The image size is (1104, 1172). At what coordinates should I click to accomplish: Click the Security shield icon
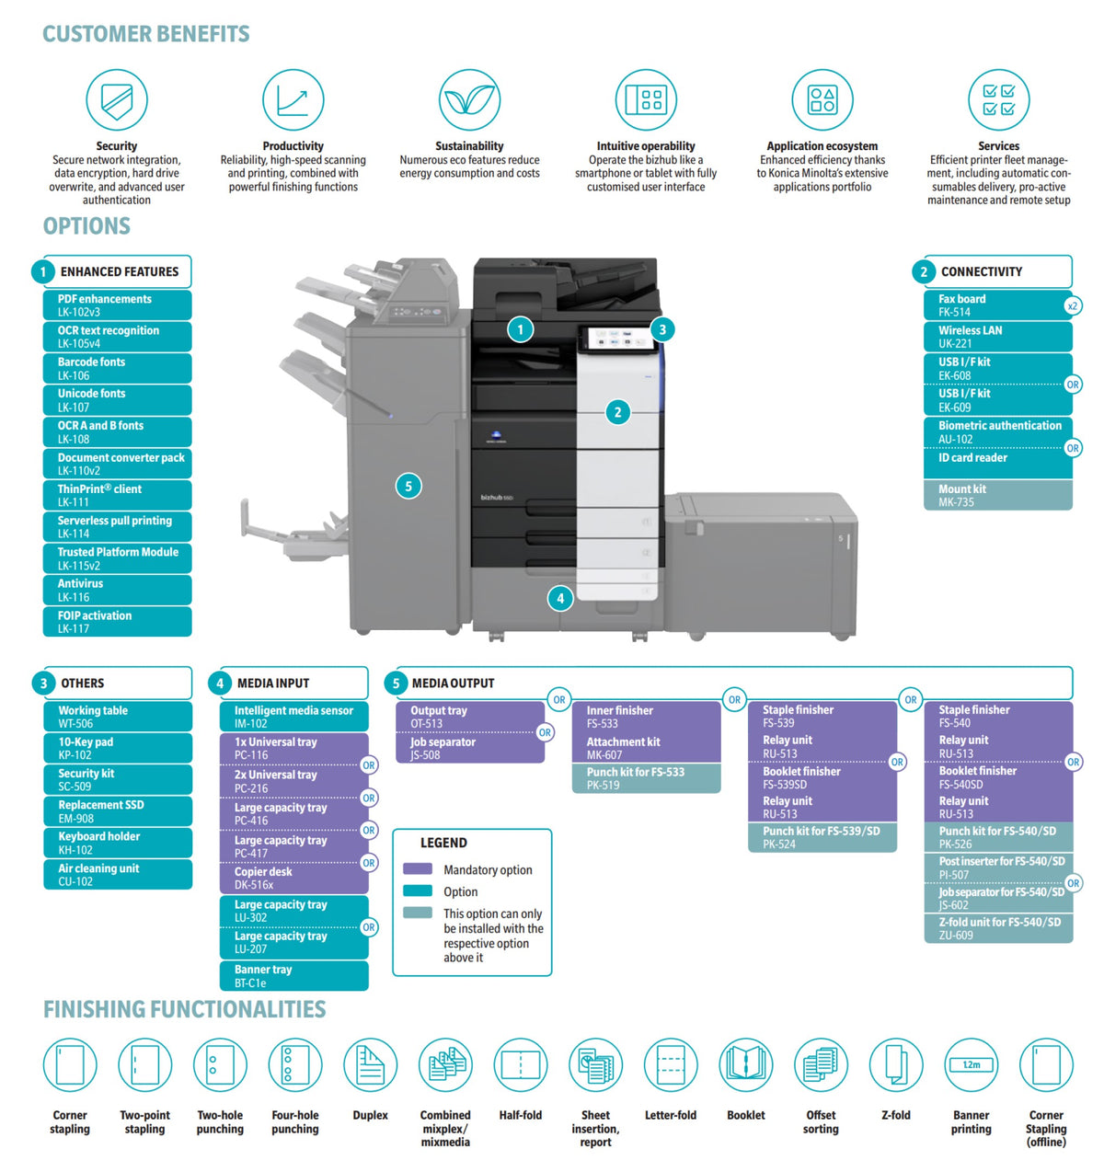(x=116, y=99)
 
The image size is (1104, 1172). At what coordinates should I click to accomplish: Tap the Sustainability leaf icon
(x=469, y=99)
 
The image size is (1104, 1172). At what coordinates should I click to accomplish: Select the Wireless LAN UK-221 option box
(x=997, y=337)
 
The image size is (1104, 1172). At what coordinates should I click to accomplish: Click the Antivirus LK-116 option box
(x=117, y=590)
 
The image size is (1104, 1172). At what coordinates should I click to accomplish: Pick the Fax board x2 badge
(x=1072, y=305)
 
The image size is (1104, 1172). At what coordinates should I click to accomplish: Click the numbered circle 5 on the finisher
(x=408, y=487)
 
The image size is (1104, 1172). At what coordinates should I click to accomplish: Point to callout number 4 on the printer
(x=559, y=598)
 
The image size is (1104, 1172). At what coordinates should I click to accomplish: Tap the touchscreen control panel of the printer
(x=617, y=339)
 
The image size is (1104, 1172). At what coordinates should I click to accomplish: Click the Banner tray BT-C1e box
(x=293, y=975)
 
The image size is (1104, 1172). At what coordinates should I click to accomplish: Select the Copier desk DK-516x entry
(x=293, y=878)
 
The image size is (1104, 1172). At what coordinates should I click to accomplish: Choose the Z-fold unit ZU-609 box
(x=997, y=927)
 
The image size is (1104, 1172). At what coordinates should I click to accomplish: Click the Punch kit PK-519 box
(x=645, y=777)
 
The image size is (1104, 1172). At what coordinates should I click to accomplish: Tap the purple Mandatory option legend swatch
(x=417, y=868)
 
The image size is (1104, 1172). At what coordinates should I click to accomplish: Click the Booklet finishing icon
(x=745, y=1064)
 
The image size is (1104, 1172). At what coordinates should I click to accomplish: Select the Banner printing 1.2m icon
(x=971, y=1064)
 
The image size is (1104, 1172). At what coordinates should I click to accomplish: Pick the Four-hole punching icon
(x=294, y=1064)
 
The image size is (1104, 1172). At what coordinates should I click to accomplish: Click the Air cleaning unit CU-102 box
(x=118, y=874)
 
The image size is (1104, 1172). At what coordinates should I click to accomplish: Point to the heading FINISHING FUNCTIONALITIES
(x=184, y=1009)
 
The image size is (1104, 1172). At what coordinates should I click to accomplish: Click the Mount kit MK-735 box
(x=997, y=495)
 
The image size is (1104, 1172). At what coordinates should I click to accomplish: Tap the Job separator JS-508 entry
(x=469, y=748)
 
